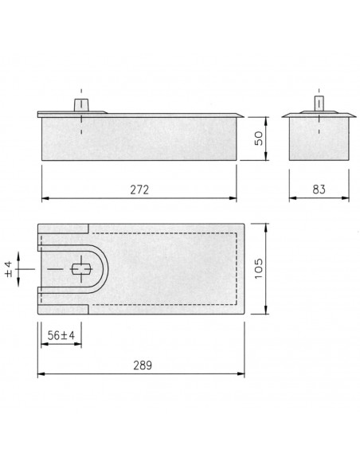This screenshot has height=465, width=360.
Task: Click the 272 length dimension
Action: point(139,190)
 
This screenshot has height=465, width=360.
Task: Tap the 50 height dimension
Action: point(259,139)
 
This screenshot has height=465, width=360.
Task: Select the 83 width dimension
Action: point(319,190)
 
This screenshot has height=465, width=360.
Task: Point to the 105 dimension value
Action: point(259,268)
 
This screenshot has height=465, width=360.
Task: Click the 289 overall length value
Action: point(143,365)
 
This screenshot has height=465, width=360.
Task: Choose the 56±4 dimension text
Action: point(61,336)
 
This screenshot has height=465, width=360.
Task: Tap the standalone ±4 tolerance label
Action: point(9,269)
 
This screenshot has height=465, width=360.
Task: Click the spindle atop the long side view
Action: point(81,105)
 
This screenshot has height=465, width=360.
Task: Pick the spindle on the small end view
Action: point(319,104)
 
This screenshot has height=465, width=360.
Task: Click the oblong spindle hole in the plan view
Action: point(81,269)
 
